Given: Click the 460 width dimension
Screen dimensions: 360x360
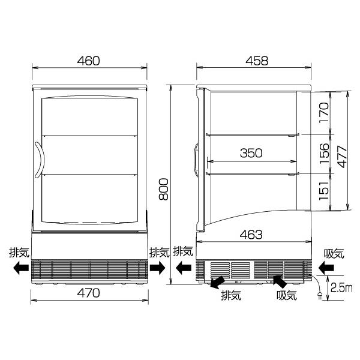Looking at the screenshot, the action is click(89, 61).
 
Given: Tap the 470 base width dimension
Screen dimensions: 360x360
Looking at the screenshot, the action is click(89, 293).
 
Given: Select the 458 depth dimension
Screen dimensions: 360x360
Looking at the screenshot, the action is click(257, 61).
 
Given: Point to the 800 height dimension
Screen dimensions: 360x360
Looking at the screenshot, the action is click(164, 189).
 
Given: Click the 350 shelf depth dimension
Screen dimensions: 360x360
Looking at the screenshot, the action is click(251, 153).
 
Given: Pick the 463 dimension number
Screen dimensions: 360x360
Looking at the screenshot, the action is click(251, 235).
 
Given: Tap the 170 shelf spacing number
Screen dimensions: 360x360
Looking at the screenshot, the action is click(324, 113).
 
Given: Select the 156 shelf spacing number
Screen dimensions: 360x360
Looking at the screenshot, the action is click(324, 153).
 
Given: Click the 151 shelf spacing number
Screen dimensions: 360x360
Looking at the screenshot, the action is click(324, 191).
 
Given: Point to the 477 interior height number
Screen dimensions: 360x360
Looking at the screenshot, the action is click(343, 157).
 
